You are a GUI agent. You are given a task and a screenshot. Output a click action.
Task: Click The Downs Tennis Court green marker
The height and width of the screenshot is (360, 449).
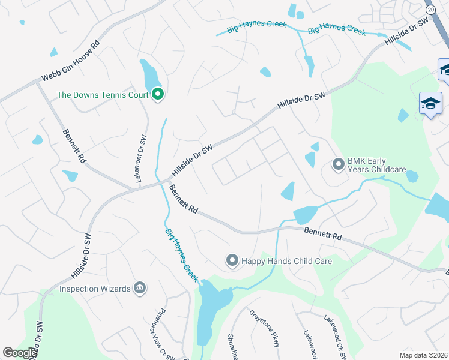(x=158, y=94)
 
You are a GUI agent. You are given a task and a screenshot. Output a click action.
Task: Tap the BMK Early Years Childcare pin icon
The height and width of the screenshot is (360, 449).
(x=338, y=164)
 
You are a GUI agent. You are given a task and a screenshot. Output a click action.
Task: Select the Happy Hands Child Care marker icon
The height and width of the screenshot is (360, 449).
(x=232, y=260)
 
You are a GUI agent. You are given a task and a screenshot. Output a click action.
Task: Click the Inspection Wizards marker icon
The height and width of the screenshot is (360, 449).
(x=140, y=289)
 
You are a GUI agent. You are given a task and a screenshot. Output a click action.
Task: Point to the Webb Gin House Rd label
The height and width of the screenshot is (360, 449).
(x=70, y=63)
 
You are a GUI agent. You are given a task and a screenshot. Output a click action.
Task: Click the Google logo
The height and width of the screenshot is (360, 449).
(x=20, y=353)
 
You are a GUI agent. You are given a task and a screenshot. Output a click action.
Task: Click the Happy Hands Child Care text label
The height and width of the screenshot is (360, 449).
(x=286, y=261)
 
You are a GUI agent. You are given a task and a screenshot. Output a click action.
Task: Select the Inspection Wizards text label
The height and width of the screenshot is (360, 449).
(x=95, y=289)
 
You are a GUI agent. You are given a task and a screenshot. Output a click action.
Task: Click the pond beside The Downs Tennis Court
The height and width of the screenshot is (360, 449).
(x=150, y=74)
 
